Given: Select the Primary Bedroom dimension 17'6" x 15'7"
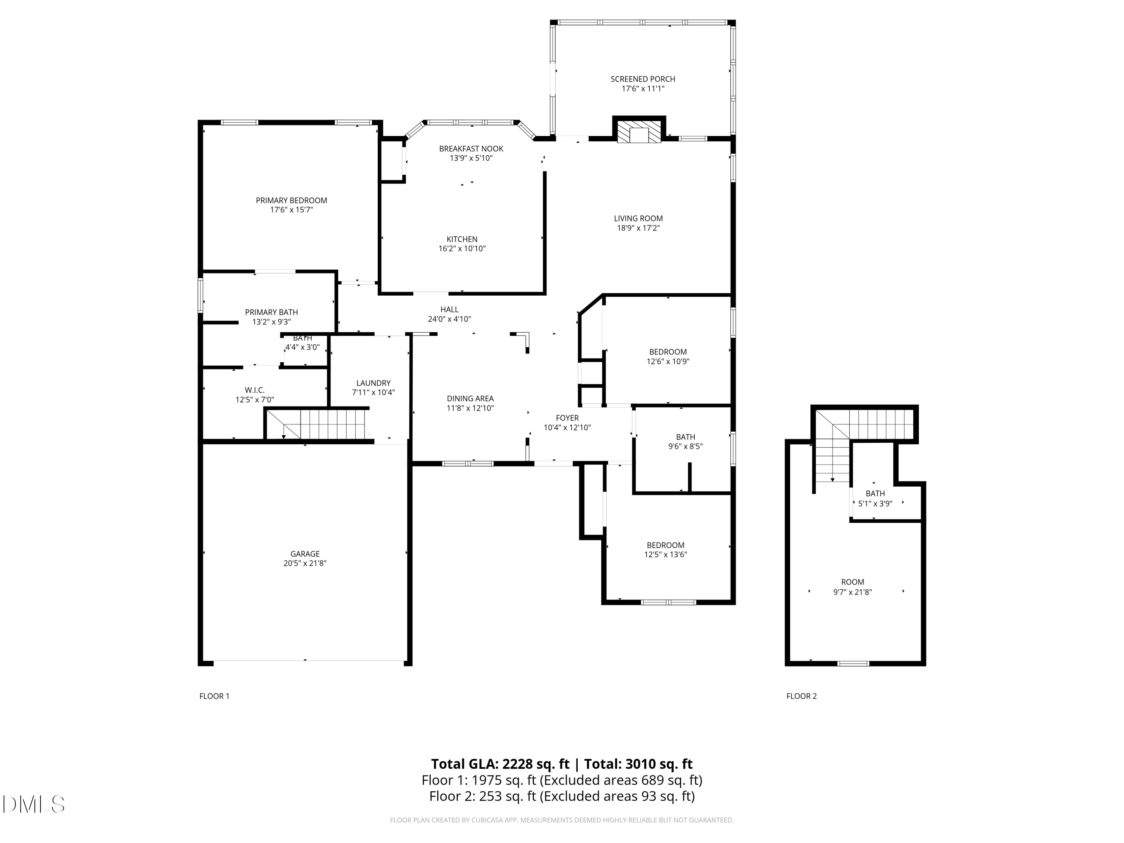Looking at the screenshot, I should [x=291, y=209].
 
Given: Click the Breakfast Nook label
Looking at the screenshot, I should [x=471, y=148].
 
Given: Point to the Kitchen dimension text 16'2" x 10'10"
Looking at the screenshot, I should [x=462, y=248].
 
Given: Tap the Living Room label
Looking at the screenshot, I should [x=638, y=218].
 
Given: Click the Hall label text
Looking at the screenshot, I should [x=449, y=309].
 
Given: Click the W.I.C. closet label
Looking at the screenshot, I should [x=254, y=390].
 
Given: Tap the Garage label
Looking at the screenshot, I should [x=305, y=554].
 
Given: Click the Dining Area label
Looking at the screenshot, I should [x=470, y=398].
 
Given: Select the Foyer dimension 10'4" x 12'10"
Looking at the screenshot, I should [x=567, y=427].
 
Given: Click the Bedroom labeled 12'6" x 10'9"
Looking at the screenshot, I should [x=668, y=352].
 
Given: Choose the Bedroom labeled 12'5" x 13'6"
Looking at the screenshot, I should [x=665, y=545].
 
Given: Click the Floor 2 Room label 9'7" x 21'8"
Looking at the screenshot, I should [x=852, y=582].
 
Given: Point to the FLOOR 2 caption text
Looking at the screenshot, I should [x=801, y=696].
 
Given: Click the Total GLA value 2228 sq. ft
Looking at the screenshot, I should [x=535, y=764].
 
